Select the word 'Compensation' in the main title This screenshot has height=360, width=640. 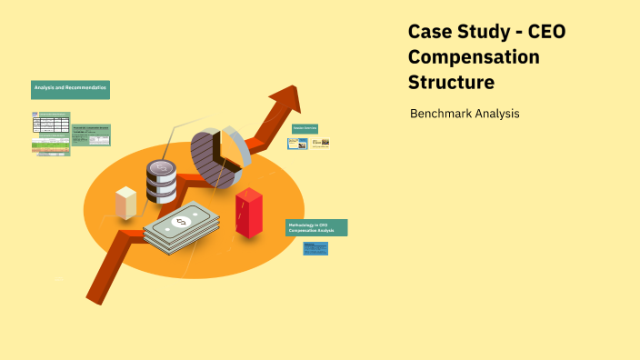coord(474,57)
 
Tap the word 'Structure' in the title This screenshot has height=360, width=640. coord(452,83)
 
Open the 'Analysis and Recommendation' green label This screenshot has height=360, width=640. coord(70,88)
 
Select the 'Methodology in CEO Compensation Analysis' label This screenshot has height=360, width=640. coord(316,228)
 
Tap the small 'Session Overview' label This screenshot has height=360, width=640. coord(304,129)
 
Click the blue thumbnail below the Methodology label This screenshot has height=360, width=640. coord(315,248)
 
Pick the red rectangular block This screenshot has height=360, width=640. coord(248,213)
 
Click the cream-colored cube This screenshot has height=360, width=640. coord(126,202)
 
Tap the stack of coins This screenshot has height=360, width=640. coord(161,182)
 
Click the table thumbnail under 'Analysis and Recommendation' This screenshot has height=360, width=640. coord(51,133)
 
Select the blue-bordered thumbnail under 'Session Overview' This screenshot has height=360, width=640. coord(297,143)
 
